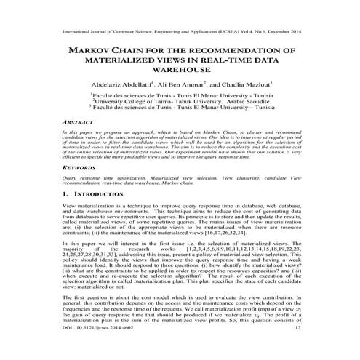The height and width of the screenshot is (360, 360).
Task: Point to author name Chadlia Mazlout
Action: pos(247,84)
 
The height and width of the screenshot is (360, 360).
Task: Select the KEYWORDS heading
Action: pos(70,167)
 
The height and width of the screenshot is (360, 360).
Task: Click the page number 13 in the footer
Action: pos(313,349)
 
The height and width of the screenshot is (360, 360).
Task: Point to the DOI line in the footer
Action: pos(87,349)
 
